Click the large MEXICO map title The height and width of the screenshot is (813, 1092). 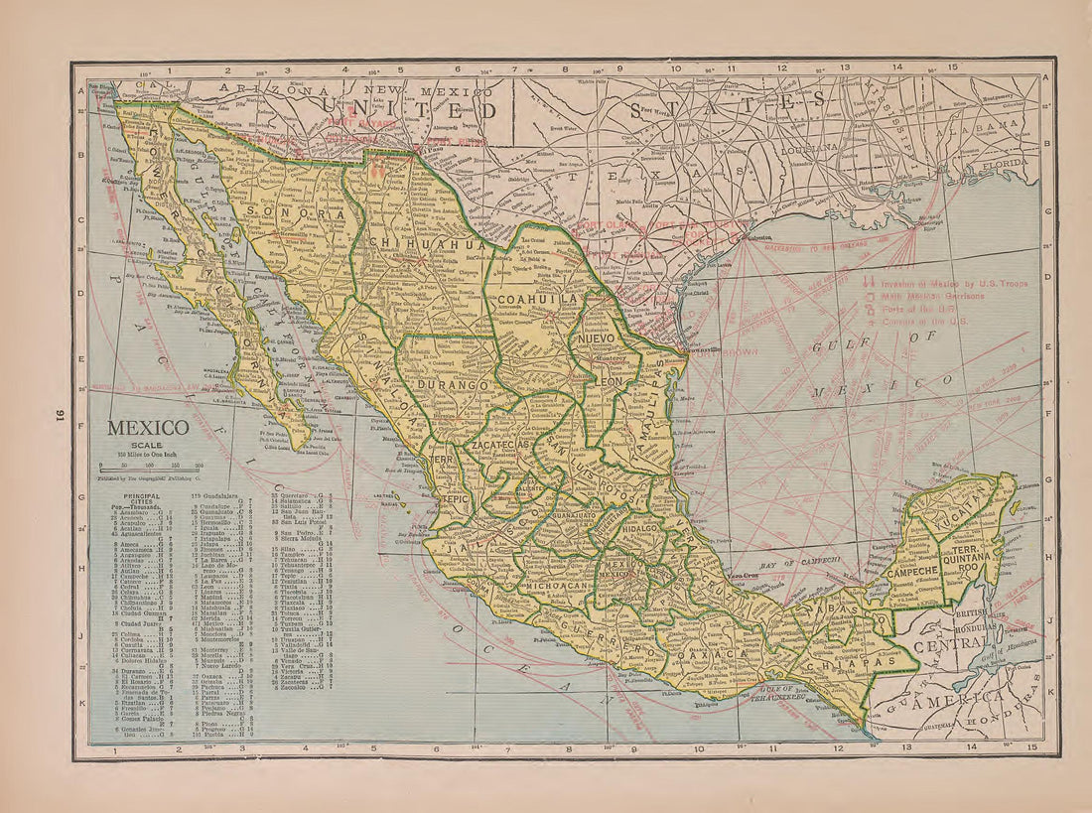148,428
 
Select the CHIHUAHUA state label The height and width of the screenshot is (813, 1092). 426,242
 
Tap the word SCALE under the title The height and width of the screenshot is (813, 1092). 147,446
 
